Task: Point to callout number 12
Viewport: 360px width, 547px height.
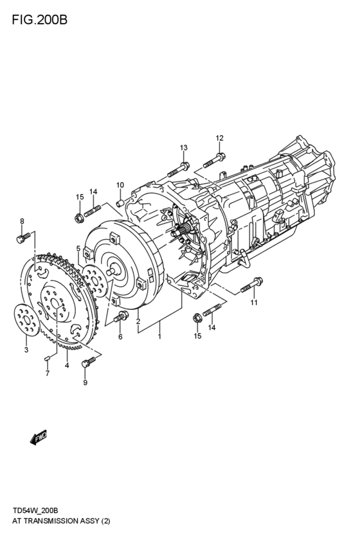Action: (x=219, y=138)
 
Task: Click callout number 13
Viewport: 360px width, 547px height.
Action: (x=183, y=148)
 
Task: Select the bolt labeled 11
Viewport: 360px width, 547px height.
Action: (x=250, y=285)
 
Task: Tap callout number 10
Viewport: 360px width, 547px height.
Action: (x=120, y=185)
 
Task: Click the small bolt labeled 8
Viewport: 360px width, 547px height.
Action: (x=21, y=240)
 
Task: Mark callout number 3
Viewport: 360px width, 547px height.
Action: (x=26, y=350)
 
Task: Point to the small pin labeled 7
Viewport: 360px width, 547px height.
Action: (x=48, y=357)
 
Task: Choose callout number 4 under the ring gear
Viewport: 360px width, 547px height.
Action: (x=67, y=366)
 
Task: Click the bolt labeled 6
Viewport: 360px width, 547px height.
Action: (x=120, y=316)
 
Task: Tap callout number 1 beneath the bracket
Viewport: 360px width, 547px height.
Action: (x=159, y=336)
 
